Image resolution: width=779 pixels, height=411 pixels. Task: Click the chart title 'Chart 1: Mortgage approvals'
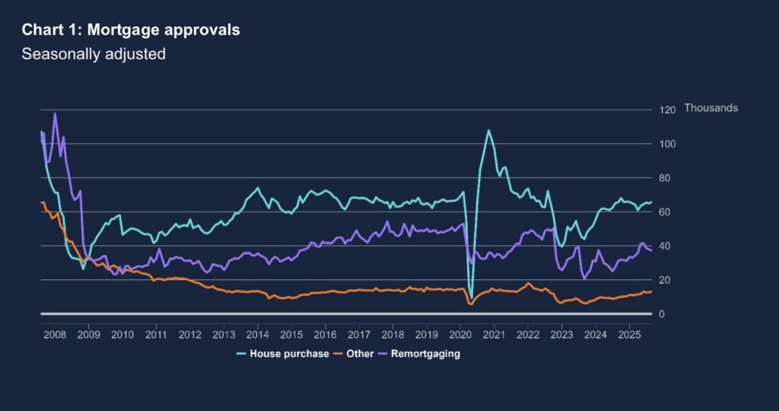click(131, 30)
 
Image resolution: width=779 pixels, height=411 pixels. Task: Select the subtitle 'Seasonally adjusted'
click(94, 54)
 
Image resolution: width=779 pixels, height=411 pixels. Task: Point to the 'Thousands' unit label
click(711, 108)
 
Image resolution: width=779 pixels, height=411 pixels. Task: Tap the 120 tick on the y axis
click(666, 110)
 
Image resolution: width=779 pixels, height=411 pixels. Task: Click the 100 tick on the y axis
click(666, 144)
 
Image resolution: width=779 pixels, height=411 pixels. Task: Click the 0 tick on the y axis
click(662, 314)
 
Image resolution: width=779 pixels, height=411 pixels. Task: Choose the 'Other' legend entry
click(360, 354)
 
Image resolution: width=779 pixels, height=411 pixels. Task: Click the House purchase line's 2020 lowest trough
click(471, 298)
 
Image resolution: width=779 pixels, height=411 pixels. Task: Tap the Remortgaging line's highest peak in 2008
click(55, 113)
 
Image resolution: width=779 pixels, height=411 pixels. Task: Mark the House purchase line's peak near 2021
click(488, 130)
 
